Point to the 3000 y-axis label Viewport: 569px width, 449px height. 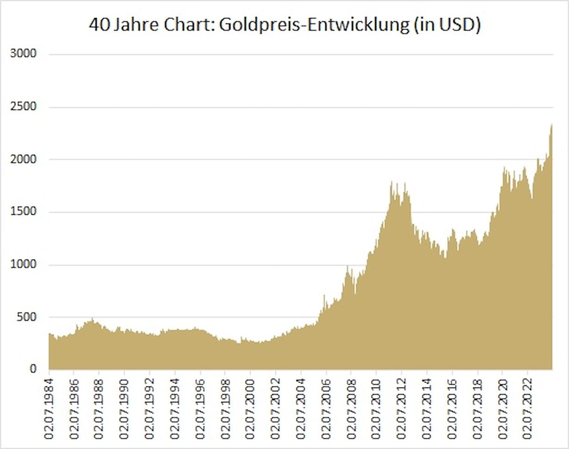point(23,54)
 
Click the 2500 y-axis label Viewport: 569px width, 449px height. point(23,107)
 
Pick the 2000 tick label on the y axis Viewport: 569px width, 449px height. point(23,160)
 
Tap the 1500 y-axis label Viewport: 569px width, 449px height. point(23,212)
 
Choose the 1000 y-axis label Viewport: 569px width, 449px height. point(23,265)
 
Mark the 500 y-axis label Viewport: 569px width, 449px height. point(26,317)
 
